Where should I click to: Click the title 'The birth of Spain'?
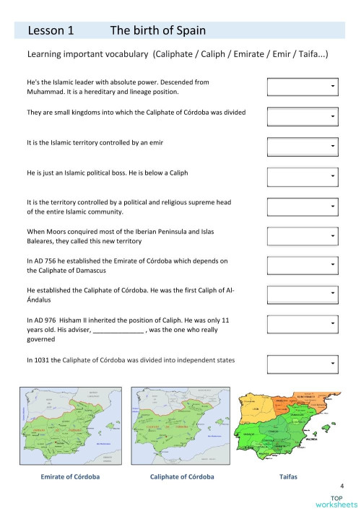click(x=157, y=30)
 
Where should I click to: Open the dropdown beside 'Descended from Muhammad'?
click(x=302, y=87)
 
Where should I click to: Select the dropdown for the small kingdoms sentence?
click(x=302, y=116)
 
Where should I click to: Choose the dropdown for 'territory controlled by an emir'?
click(x=302, y=146)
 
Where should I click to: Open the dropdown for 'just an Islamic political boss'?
click(x=302, y=175)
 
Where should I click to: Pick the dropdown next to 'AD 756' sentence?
click(x=302, y=265)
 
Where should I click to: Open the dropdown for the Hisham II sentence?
click(x=302, y=324)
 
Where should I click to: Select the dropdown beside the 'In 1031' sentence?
click(x=302, y=363)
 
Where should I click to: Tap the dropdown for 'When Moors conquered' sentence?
click(x=302, y=235)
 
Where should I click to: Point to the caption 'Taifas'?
click(x=288, y=477)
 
